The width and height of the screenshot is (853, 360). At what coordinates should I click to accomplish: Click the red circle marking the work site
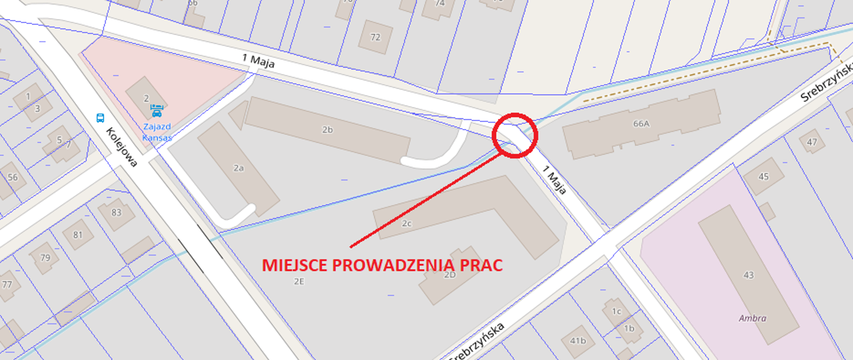pyautogui.click(x=515, y=135)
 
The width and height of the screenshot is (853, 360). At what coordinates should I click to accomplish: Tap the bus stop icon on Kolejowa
pyautogui.click(x=100, y=118)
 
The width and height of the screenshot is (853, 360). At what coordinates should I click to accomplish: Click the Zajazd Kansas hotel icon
pyautogui.click(x=156, y=110)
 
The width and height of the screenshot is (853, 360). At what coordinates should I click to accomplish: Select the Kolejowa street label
pyautogui.click(x=121, y=147)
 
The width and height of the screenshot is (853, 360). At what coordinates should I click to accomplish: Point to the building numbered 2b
pyautogui.click(x=327, y=130)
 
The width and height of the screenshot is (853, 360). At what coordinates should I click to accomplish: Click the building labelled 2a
pyautogui.click(x=239, y=168)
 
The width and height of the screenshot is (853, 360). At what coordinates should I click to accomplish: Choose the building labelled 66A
pyautogui.click(x=641, y=124)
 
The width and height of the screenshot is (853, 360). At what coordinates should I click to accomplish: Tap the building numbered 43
pyautogui.click(x=748, y=275)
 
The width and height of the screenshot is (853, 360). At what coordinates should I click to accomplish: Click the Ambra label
pyautogui.click(x=752, y=318)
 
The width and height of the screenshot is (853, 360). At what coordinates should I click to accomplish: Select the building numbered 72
pyautogui.click(x=375, y=37)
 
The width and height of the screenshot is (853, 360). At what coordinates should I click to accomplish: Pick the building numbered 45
pyautogui.click(x=763, y=176)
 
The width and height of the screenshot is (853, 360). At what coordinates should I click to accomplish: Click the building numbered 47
pyautogui.click(x=812, y=142)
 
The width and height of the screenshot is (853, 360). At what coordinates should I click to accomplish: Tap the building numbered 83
pyautogui.click(x=116, y=212)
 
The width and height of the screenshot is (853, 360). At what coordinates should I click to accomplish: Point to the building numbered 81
pyautogui.click(x=78, y=235)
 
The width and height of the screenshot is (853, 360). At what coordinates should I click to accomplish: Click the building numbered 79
pyautogui.click(x=45, y=257)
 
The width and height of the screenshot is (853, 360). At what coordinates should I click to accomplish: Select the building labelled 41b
pyautogui.click(x=578, y=341)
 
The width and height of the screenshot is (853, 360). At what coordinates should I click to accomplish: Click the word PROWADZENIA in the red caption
pyautogui.click(x=393, y=265)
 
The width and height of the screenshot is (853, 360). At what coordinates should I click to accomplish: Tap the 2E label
pyautogui.click(x=299, y=281)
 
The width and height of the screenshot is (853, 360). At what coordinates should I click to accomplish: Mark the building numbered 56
pyautogui.click(x=12, y=178)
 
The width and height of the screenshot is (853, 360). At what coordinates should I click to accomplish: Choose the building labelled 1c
pyautogui.click(x=616, y=311)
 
